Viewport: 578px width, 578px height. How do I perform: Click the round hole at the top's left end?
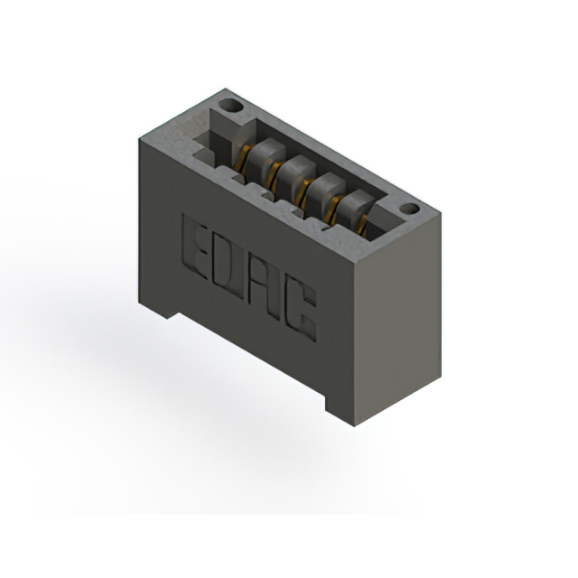pyautogui.click(x=231, y=107)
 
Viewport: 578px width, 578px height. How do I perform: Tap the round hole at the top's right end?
pyautogui.click(x=410, y=210)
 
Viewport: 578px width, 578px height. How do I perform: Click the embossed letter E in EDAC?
pyautogui.click(x=194, y=247)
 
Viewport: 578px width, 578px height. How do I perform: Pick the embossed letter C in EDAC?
pyautogui.click(x=302, y=311)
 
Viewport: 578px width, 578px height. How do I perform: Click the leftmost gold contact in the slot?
pyautogui.click(x=244, y=158)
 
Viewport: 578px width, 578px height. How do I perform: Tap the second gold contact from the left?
pyautogui.click(x=275, y=176)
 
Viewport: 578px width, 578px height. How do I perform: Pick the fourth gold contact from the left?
pyautogui.click(x=334, y=210)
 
